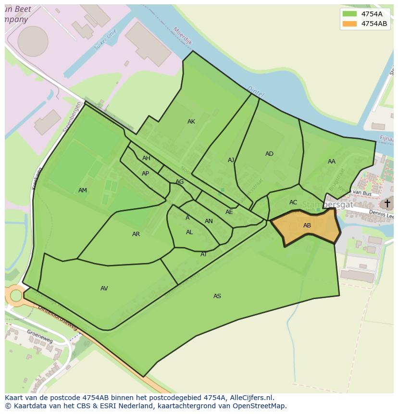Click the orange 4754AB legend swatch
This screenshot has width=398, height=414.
pos(349,24)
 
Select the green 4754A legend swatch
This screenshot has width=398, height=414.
pos(349,14)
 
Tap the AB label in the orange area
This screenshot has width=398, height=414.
pos(307,226)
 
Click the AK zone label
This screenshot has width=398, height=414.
pos(191,122)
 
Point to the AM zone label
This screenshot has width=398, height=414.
pos(83,190)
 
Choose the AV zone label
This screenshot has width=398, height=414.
pos(104,289)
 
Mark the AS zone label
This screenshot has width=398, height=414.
pos(217,296)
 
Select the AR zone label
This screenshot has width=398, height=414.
pos(136,234)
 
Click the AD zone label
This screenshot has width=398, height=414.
pos(269,154)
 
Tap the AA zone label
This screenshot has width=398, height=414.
pos(332,162)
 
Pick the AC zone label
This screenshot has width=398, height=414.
pos(293,202)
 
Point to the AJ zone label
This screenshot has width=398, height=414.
pos(231,160)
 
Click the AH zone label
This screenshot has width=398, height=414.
pos(146,158)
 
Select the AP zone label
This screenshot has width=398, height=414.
pos(145,174)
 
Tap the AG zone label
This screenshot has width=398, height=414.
pos(180,182)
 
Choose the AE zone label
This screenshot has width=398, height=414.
pos(229,212)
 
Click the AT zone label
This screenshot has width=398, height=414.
pos(204,254)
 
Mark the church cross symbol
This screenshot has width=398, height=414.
pos(387,203)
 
